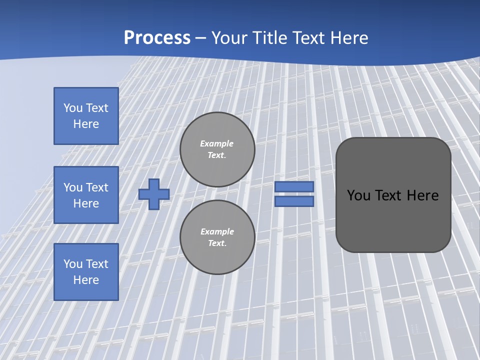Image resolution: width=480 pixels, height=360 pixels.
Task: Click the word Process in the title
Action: click(x=157, y=38)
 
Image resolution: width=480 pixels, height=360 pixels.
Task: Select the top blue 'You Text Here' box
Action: click(x=86, y=116)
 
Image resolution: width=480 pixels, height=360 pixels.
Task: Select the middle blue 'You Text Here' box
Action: click(x=86, y=195)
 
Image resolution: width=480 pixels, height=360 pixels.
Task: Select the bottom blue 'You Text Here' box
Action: click(x=86, y=272)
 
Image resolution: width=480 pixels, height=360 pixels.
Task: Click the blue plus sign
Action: click(x=154, y=194)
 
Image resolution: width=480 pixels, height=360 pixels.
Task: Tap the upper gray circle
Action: click(x=217, y=149)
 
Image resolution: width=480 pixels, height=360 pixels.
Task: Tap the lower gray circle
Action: click(x=217, y=237)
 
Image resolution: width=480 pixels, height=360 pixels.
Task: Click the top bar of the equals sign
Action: click(x=294, y=187)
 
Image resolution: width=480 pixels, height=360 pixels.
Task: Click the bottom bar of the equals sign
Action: click(x=294, y=201)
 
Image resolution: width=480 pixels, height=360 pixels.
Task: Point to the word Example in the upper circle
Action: click(x=217, y=143)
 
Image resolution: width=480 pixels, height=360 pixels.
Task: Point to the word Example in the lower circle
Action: click(x=217, y=231)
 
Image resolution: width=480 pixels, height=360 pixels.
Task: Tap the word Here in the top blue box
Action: click(x=86, y=124)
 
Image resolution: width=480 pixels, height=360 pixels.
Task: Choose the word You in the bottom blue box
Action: click(x=73, y=264)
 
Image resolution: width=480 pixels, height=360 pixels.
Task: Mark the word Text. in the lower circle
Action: click(x=217, y=243)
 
